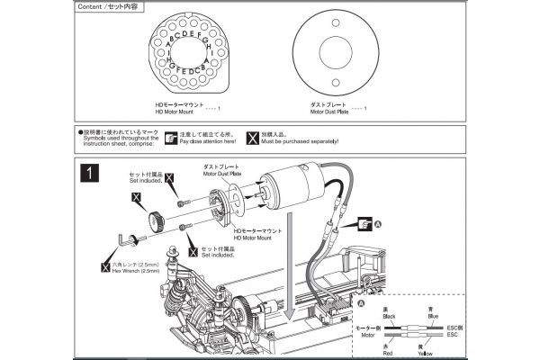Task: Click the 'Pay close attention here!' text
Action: point(208,141)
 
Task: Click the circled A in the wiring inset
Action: point(361,304)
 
